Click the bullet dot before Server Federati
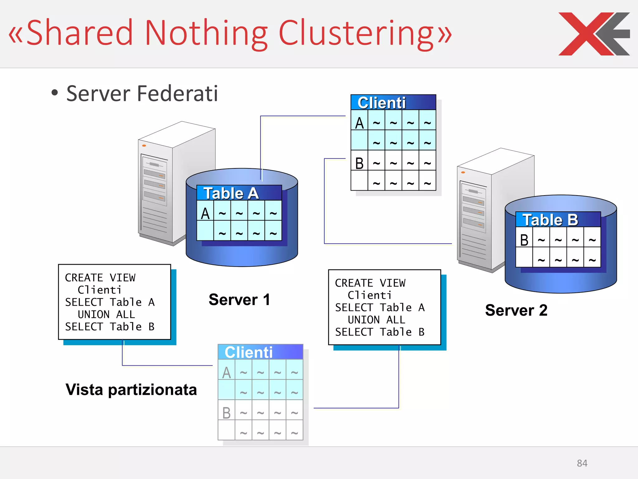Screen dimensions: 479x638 click(x=55, y=93)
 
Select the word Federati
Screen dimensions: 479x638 click(x=177, y=94)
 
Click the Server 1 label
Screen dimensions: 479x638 click(x=239, y=300)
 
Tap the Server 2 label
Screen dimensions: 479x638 click(x=516, y=310)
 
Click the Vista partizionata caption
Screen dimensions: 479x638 click(x=131, y=390)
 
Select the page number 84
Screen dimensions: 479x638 click(x=582, y=463)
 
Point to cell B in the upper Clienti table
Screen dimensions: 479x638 click(x=359, y=163)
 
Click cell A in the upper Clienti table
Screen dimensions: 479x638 click(x=359, y=123)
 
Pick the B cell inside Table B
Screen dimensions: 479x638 click(x=524, y=240)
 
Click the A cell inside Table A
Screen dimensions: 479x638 click(x=205, y=214)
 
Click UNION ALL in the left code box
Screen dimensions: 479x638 click(x=106, y=314)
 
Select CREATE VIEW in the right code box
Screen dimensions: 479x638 click(x=370, y=283)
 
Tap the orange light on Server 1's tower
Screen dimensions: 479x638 click(x=144, y=146)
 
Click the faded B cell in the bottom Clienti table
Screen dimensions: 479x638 click(x=226, y=413)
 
